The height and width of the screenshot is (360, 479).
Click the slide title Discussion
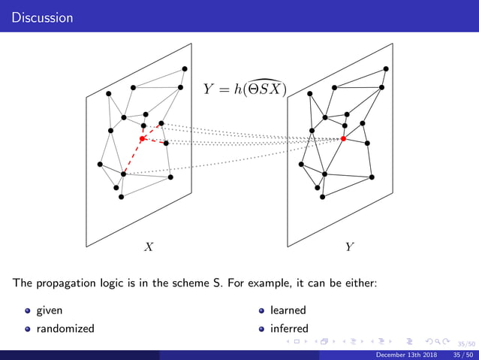37,17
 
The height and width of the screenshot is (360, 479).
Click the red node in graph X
142,139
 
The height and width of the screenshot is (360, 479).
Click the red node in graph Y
343,139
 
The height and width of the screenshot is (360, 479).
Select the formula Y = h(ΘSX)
246,89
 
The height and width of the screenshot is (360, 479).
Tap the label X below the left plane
149,247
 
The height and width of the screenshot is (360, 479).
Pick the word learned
288,310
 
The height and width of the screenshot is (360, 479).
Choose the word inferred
289,328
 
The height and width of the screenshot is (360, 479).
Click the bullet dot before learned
262,310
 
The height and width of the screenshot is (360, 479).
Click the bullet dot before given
28,310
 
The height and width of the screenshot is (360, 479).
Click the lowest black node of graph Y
321,197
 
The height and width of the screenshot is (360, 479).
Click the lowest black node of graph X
120,197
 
